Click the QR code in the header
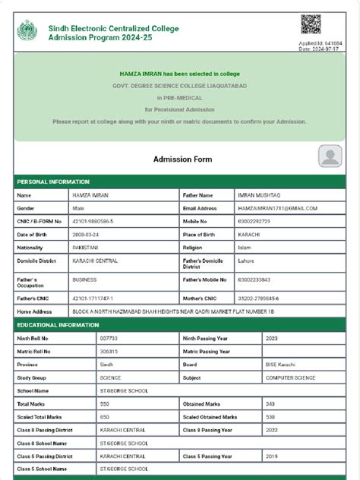tap(310, 24)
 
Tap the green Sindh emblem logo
tap(27, 32)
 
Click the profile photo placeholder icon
tap(330, 157)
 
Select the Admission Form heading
tap(183, 159)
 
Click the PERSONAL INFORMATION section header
tap(53, 182)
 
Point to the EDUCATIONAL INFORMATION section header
tap(59, 325)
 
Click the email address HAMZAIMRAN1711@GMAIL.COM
tap(277, 208)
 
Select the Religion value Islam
tap(245, 248)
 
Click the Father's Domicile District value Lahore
tap(247, 261)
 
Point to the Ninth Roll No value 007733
tap(109, 338)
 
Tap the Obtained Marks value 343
tap(270, 404)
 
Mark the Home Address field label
tap(34, 311)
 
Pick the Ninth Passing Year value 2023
tap(272, 338)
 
